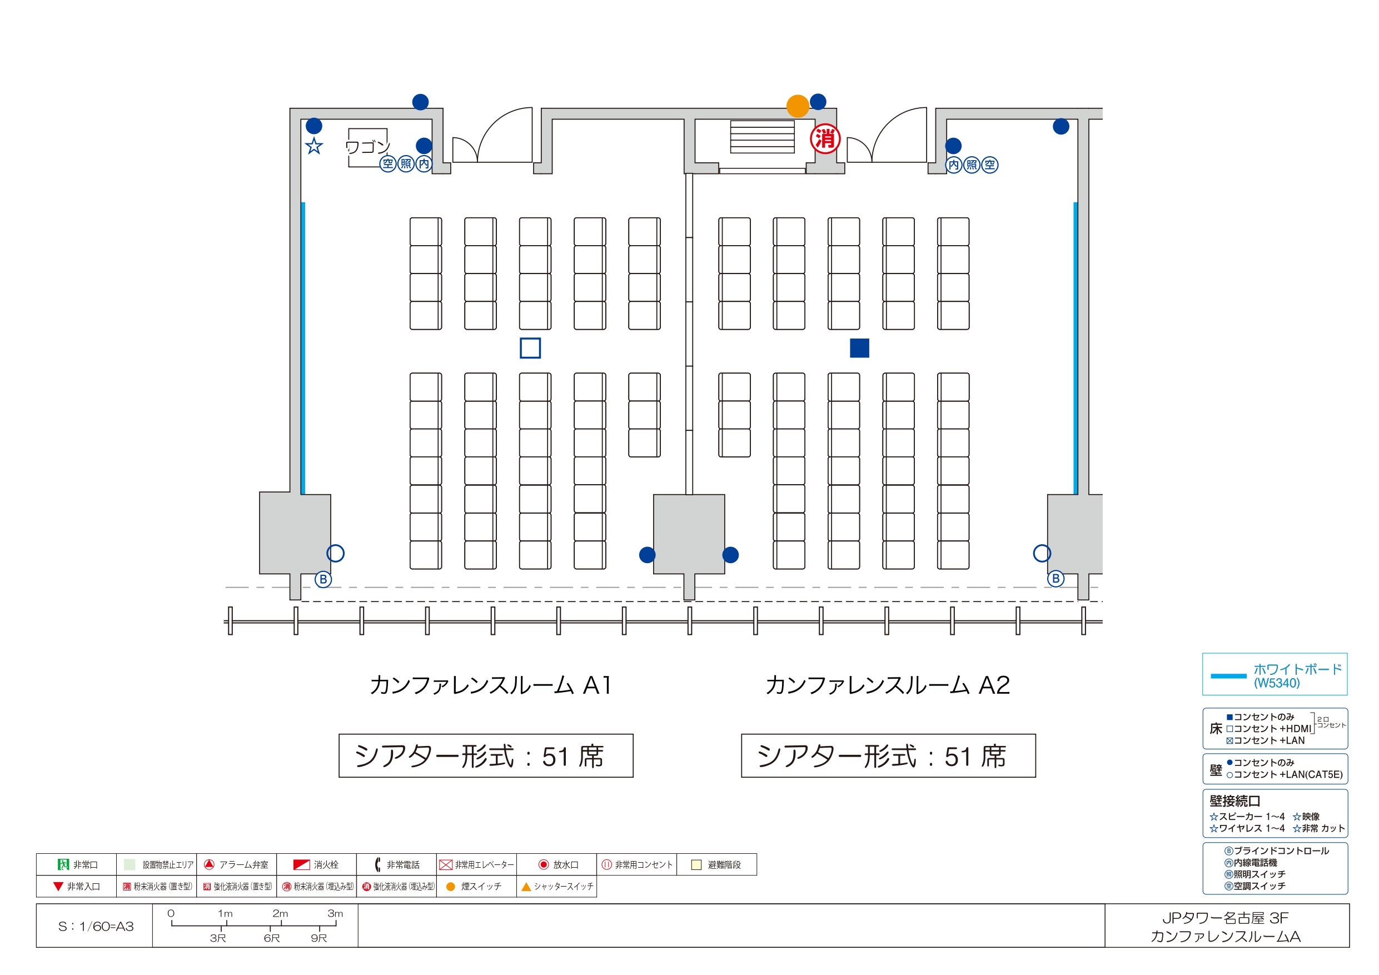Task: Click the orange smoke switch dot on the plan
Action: (798, 106)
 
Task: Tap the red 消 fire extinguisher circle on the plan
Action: (825, 140)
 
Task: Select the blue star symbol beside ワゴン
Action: (314, 146)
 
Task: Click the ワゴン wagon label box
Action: (368, 147)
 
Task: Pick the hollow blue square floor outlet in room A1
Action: (530, 348)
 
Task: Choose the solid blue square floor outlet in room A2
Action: (859, 348)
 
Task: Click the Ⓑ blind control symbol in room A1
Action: (323, 579)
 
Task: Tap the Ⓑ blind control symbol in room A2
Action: (1056, 579)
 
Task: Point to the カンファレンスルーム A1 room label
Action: (491, 685)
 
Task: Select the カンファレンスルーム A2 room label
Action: (888, 685)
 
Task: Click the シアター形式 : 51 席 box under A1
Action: (486, 756)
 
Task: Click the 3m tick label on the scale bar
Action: (335, 913)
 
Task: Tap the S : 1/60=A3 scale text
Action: (96, 926)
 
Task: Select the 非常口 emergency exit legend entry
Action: (77, 864)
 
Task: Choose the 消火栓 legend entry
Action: (316, 864)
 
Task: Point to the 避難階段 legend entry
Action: (716, 864)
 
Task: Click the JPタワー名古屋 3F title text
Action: (1225, 918)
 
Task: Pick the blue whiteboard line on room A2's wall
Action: (1076, 349)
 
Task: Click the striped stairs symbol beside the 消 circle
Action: (762, 137)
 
